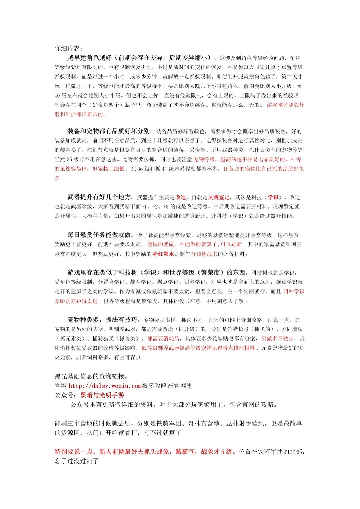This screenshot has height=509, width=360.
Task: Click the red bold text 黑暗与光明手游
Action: (x=102, y=395)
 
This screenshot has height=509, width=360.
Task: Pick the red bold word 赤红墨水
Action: (x=163, y=254)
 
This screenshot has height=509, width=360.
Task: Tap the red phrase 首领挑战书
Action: (x=204, y=254)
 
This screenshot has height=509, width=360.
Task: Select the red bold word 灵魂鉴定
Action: (x=219, y=197)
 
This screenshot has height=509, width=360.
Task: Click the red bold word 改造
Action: (x=181, y=197)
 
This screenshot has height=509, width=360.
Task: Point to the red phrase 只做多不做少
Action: (x=278, y=338)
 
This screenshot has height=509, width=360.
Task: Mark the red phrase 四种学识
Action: (x=294, y=291)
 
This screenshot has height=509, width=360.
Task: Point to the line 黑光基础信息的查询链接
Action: (x=91, y=376)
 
